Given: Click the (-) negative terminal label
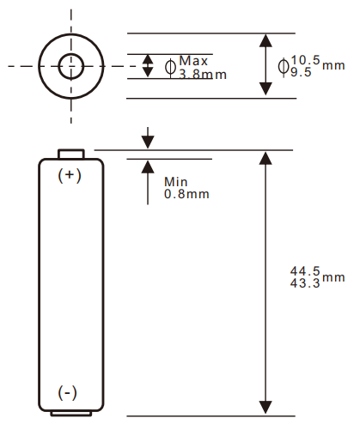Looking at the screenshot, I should [68, 392].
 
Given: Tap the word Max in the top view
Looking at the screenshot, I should [194, 61].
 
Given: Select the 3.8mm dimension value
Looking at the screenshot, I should [203, 75].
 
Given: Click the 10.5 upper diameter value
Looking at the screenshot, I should [306, 59].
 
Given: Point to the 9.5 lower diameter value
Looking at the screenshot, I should [302, 72].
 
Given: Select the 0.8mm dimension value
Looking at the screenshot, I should [186, 194].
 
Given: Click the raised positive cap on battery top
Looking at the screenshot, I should [70, 154].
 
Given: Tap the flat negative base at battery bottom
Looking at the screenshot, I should [70, 413].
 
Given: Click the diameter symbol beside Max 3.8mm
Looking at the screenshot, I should [170, 67].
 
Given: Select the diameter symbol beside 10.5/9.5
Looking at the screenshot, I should [284, 65].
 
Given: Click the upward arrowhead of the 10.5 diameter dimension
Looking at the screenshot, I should [265, 40].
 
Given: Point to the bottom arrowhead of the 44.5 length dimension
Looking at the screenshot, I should [265, 408].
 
